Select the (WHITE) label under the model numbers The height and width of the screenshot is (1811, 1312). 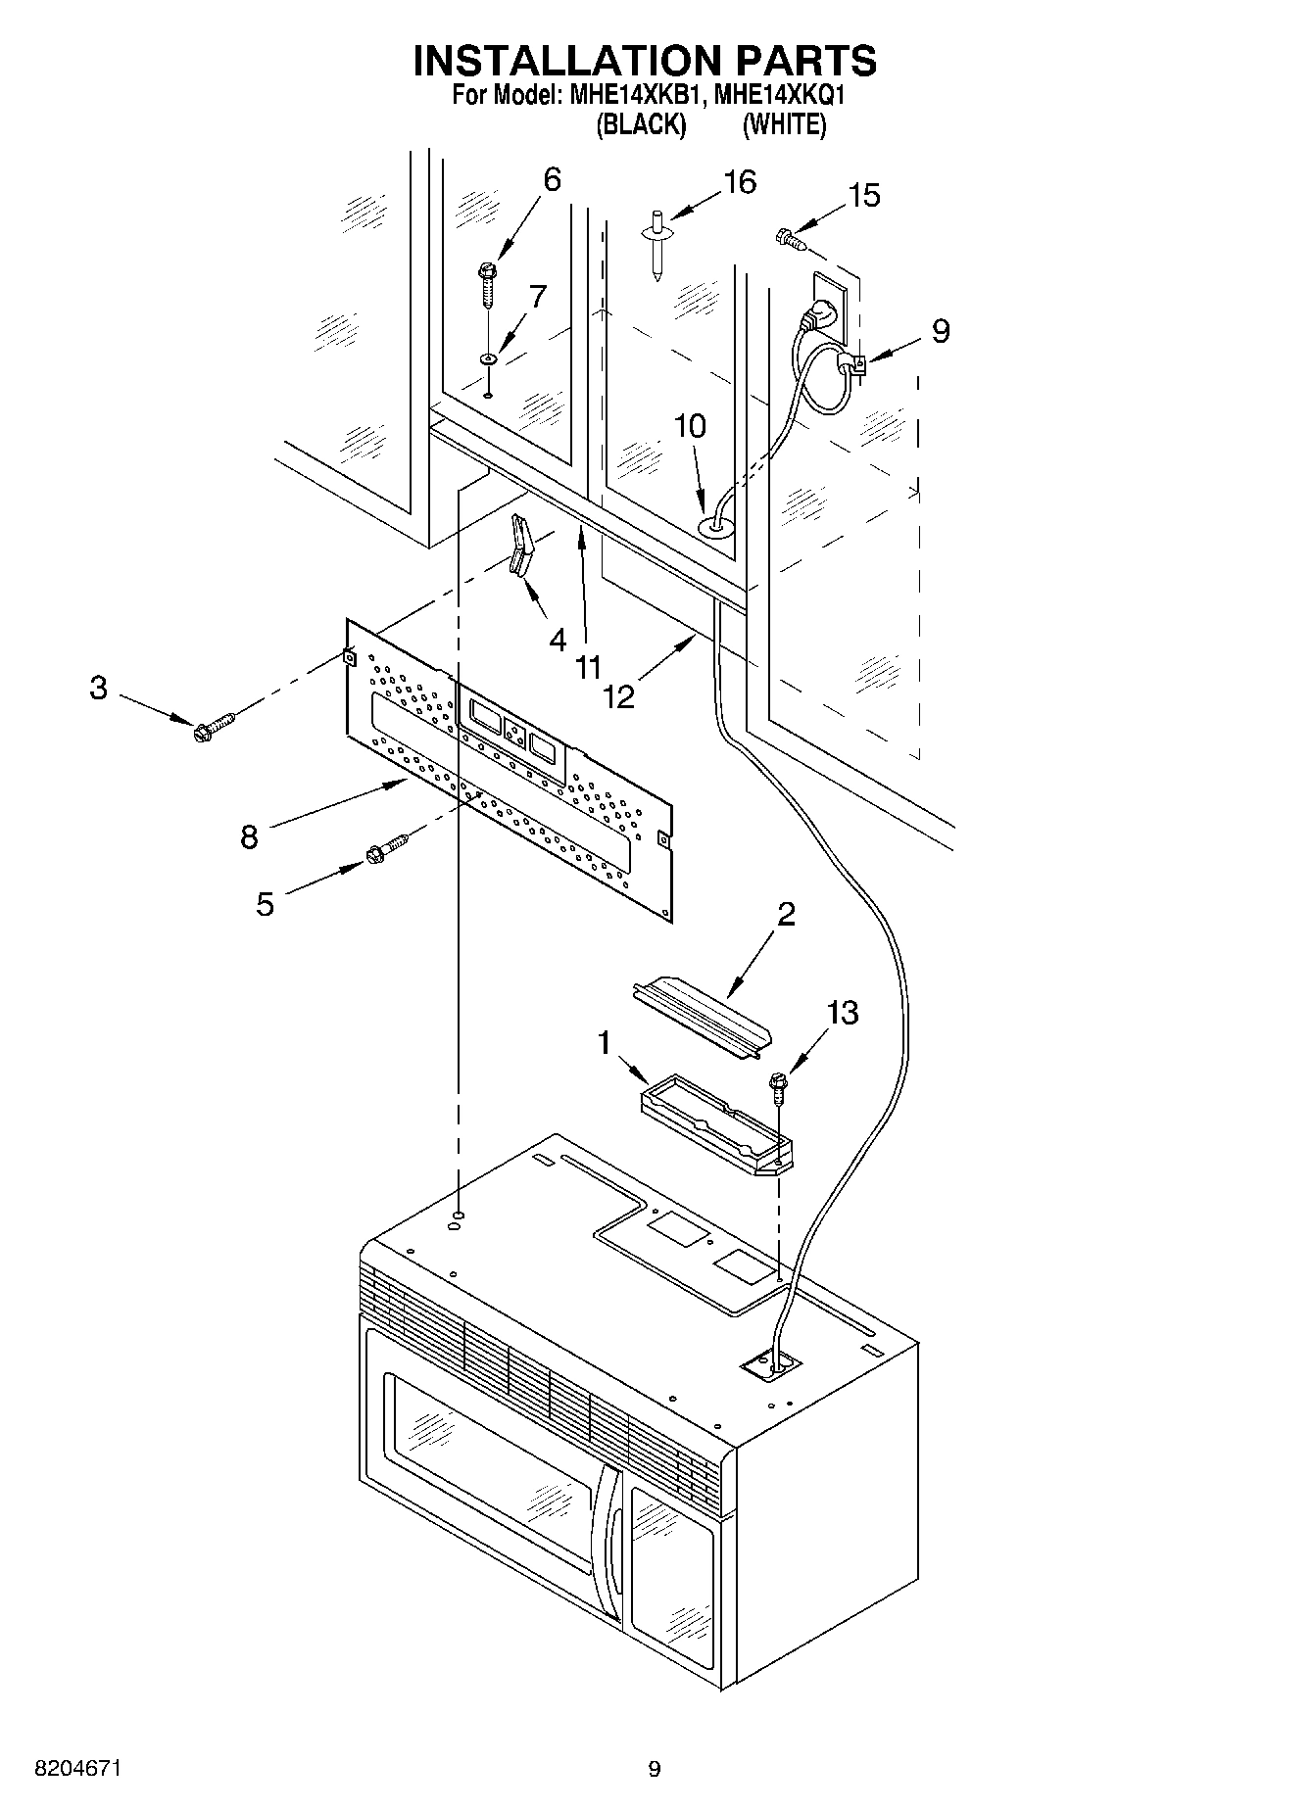click(784, 125)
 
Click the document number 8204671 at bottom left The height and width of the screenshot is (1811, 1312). click(77, 1769)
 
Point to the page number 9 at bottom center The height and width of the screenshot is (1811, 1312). click(655, 1769)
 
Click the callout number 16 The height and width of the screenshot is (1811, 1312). click(740, 182)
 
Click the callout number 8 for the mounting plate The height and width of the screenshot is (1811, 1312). click(249, 837)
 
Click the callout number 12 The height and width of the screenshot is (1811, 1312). click(619, 696)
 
